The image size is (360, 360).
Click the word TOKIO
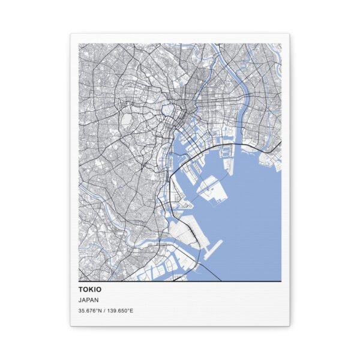pos(89,289)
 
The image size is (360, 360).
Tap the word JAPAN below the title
pos(88,300)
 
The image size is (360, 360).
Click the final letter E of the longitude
pos(131,310)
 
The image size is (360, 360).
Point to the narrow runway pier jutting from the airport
pos(212,247)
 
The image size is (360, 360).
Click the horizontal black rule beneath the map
pos(180,281)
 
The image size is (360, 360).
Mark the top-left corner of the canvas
pos(71,34)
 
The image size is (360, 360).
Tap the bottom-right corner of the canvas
pos(290,326)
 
